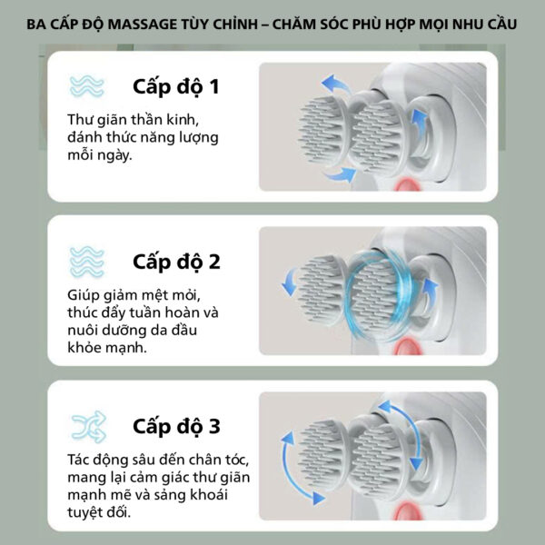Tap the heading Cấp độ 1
pyautogui.click(x=176, y=87)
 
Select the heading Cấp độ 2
pyautogui.click(x=176, y=263)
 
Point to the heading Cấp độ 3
pyautogui.click(x=176, y=427)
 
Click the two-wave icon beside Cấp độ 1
pyautogui.click(x=86, y=86)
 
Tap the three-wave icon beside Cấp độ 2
pyautogui.click(x=86, y=263)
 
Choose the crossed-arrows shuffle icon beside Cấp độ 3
pyautogui.click(x=89, y=427)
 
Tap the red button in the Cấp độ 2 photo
pyautogui.click(x=409, y=347)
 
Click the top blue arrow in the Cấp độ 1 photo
pyautogui.click(x=335, y=84)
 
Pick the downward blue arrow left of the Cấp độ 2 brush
pyautogui.click(x=290, y=282)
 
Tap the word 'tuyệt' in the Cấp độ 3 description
pyautogui.click(x=85, y=512)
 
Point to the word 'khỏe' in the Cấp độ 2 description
pyautogui.click(x=85, y=347)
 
